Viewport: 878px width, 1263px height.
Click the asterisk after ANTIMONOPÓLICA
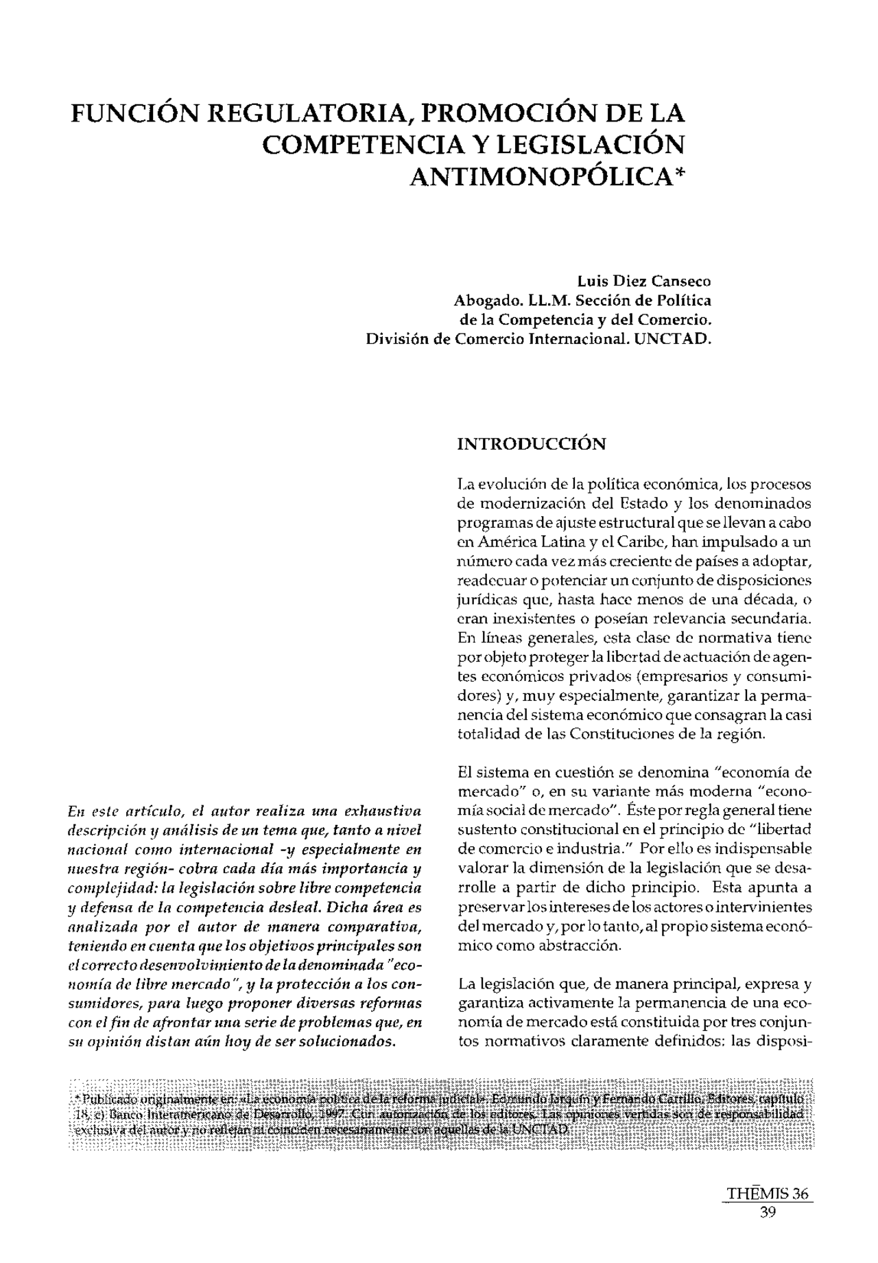coord(680,172)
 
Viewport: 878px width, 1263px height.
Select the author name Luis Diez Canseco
coord(644,281)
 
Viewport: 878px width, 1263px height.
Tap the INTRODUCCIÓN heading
coord(531,444)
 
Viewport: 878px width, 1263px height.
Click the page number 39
coord(768,1212)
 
